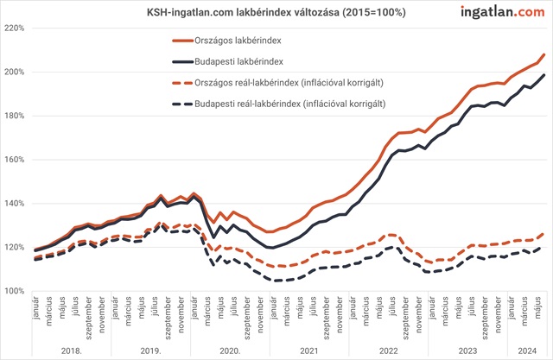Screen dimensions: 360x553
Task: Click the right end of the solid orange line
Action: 544,54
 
